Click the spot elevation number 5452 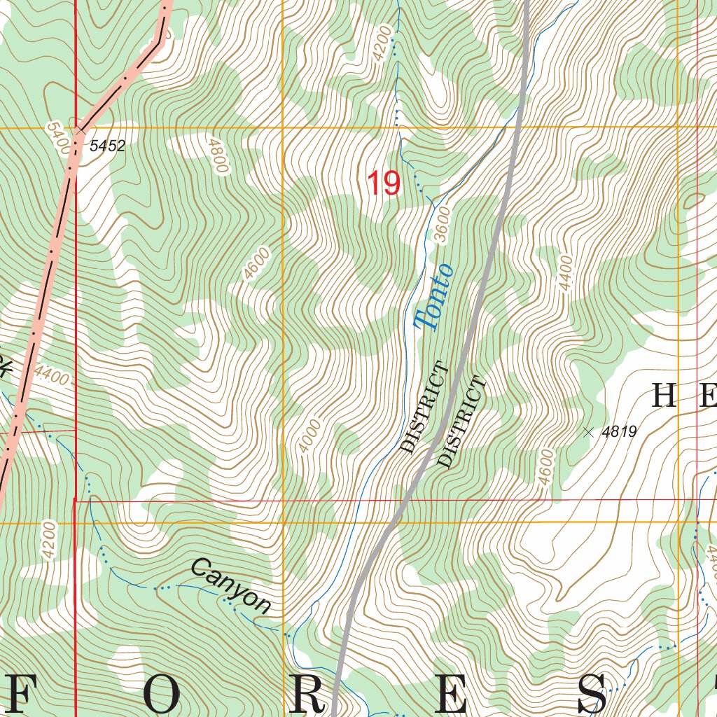[107, 146]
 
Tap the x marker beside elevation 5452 [82, 129]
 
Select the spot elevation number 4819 [619, 432]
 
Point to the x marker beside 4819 [587, 432]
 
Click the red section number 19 [384, 183]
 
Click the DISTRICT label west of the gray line [423, 408]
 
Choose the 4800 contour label [218, 155]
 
